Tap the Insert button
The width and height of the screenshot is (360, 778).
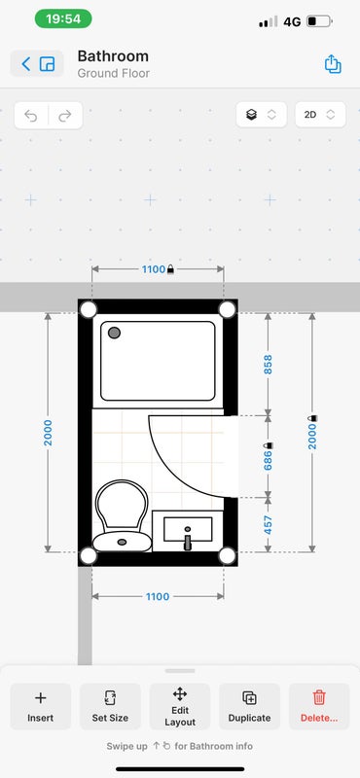pyautogui.click(x=40, y=707)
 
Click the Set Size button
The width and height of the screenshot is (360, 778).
pyautogui.click(x=110, y=707)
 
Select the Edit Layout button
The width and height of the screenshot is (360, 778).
pyautogui.click(x=180, y=707)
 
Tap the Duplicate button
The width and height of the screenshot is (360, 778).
pyautogui.click(x=249, y=707)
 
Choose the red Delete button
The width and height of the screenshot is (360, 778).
pyautogui.click(x=319, y=707)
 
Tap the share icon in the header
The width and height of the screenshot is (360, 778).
pyautogui.click(x=333, y=64)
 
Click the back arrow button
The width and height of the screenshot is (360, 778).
pyautogui.click(x=26, y=63)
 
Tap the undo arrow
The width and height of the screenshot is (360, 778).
pyautogui.click(x=31, y=116)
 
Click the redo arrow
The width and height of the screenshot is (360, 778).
pyautogui.click(x=65, y=116)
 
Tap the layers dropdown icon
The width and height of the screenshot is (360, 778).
pyautogui.click(x=261, y=115)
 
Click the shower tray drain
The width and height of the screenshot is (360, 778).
pyautogui.click(x=114, y=333)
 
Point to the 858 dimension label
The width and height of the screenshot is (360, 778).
pyautogui.click(x=269, y=364)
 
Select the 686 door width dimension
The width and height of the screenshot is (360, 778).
pyautogui.click(x=269, y=456)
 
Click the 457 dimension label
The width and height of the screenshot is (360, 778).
pyautogui.click(x=269, y=525)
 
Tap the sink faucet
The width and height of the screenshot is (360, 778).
pyautogui.click(x=187, y=540)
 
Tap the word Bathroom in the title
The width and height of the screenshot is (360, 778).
pyautogui.click(x=113, y=56)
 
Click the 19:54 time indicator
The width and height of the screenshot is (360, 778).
pyautogui.click(x=63, y=18)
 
